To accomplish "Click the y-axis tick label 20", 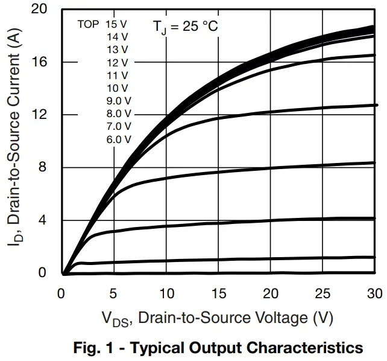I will point(41,10).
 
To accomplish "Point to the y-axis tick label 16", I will point(41,62).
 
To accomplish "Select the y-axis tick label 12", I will point(41,115).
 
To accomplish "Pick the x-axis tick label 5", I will point(113,293).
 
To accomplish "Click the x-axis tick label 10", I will point(165,293).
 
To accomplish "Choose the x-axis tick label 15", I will point(218,293).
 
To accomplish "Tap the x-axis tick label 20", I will point(270,293).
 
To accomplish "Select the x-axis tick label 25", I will point(322,293).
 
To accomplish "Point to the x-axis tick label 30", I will point(374,293).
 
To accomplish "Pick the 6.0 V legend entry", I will point(118,139).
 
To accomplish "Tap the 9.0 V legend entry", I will point(118,101).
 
